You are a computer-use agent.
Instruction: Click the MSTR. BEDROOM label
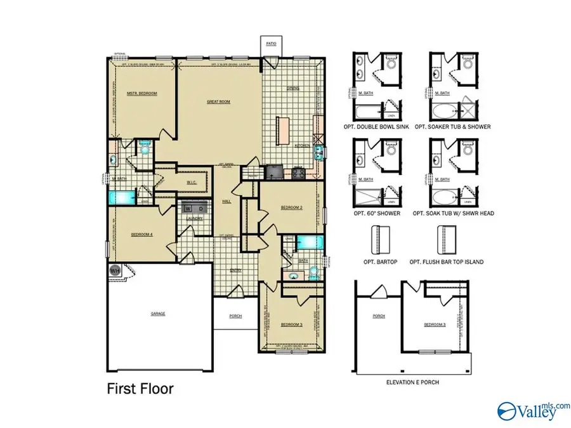click(x=141, y=93)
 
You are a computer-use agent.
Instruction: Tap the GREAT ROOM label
click(x=218, y=101)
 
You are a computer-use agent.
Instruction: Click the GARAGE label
click(x=158, y=313)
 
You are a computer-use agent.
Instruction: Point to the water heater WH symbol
click(x=115, y=269)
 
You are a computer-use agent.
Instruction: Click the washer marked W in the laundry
click(x=188, y=208)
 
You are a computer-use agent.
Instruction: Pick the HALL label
click(x=226, y=202)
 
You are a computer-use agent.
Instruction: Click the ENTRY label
click(x=235, y=270)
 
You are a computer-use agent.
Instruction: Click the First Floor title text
click(x=140, y=388)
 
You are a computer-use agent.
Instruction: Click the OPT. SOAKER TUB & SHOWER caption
click(x=453, y=127)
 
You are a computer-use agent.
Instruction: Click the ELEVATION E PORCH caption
click(x=413, y=382)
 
